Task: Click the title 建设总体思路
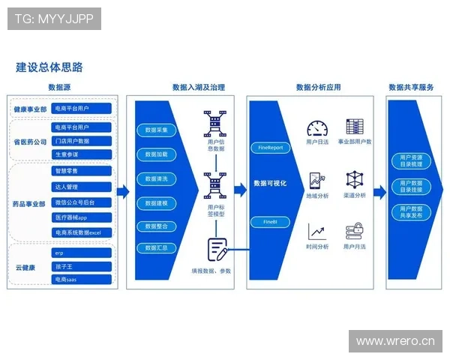coord(50,67)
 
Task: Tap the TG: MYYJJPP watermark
coord(54,19)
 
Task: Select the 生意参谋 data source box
coord(82,154)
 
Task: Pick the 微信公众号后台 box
coord(82,202)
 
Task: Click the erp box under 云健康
coord(82,253)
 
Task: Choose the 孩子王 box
coord(82,266)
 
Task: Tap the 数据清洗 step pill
coord(156,179)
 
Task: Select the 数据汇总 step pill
coord(156,248)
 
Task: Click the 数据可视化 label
coord(271,183)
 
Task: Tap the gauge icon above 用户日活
coord(318,127)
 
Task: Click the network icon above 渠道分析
coord(355,180)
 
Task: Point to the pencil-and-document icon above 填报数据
coord(218,248)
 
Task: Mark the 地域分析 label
coord(318,196)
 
